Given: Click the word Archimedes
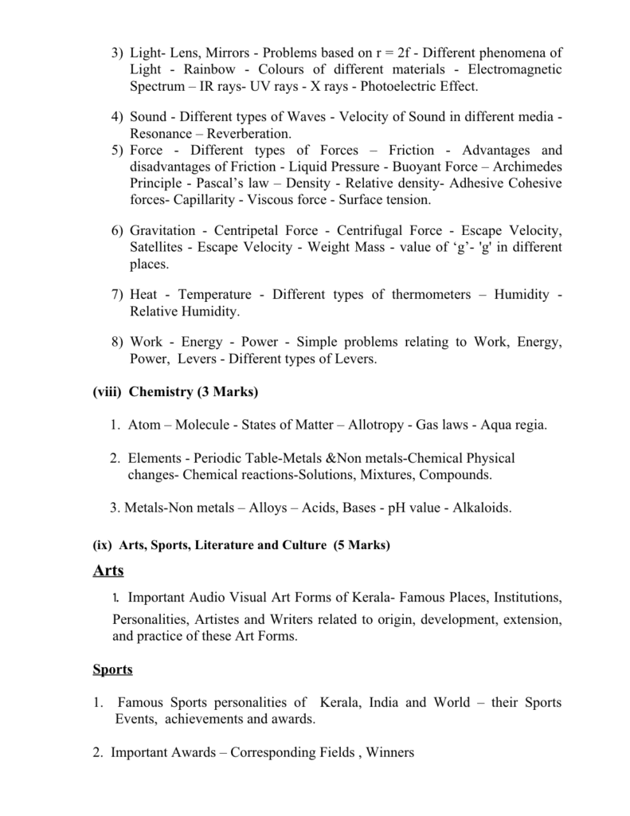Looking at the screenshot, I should click(527, 167).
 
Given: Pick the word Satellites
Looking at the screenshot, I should click(158, 247).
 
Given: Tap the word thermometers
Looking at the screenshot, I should click(431, 295).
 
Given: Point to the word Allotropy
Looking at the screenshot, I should click(377, 425).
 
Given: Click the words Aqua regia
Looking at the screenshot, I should click(515, 425).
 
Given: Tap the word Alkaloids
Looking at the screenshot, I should click(482, 507).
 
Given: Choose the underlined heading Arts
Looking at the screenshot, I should click(108, 571).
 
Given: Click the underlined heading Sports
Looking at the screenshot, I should click(112, 669).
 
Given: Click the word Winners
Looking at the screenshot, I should click(390, 752).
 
